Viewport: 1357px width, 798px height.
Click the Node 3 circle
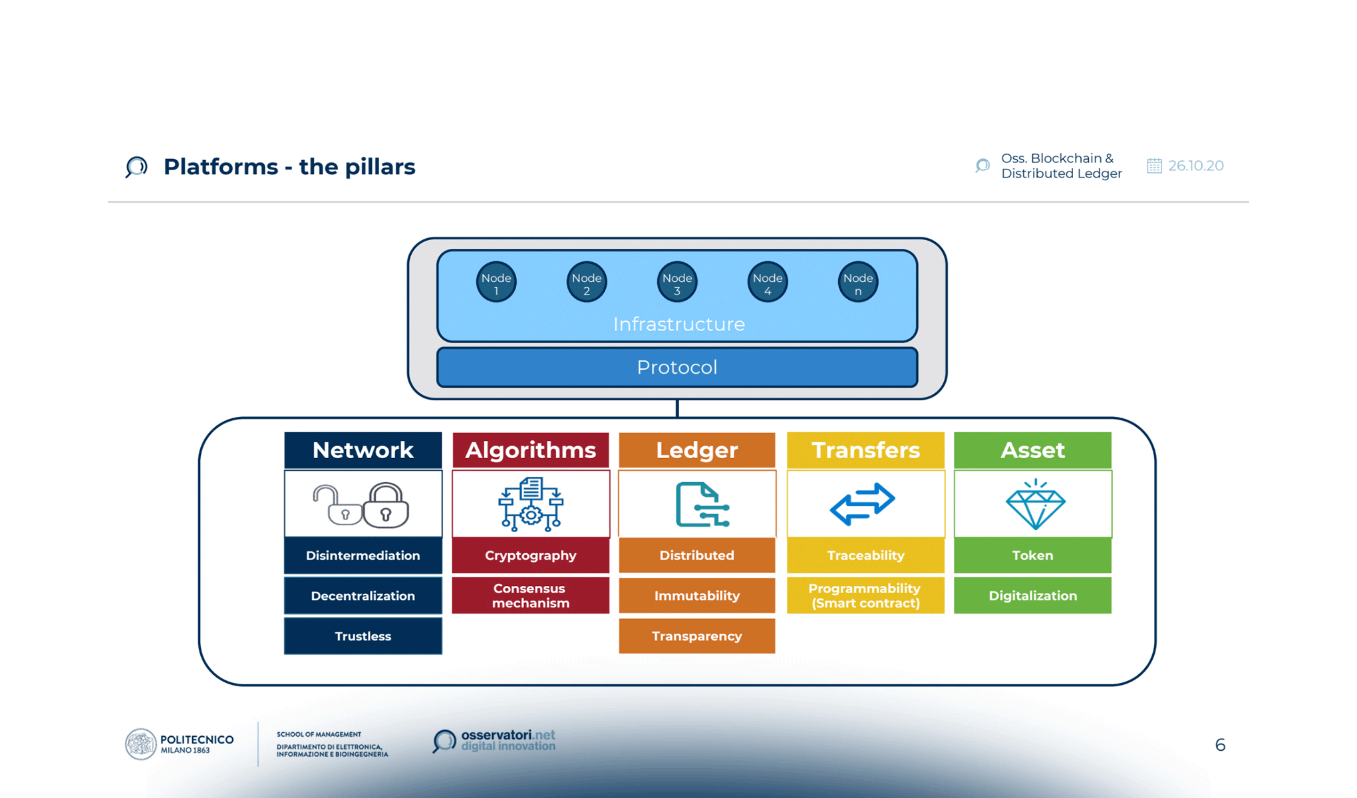pyautogui.click(x=677, y=283)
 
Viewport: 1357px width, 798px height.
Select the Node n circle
pyautogui.click(x=858, y=283)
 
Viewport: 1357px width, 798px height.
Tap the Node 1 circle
pyautogui.click(x=496, y=283)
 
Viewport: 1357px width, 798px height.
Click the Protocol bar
pyautogui.click(x=677, y=367)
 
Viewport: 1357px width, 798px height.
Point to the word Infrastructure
pyautogui.click(x=678, y=325)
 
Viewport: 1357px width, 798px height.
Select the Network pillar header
pyautogui.click(x=363, y=450)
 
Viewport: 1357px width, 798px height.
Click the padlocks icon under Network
pyautogui.click(x=362, y=505)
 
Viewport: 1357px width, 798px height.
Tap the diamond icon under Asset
pyautogui.click(x=1035, y=505)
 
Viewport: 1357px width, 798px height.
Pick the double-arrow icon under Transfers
pyautogui.click(x=863, y=504)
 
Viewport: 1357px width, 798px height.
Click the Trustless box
pyautogui.click(x=363, y=636)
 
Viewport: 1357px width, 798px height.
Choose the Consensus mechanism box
pyautogui.click(x=531, y=595)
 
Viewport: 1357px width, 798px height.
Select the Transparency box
pyautogui.click(x=697, y=636)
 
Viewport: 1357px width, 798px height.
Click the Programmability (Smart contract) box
pyautogui.click(x=865, y=595)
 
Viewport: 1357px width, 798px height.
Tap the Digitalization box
pyautogui.click(x=1032, y=595)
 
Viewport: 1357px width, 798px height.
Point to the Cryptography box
pyautogui.click(x=531, y=555)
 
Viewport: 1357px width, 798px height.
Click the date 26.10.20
pyautogui.click(x=1195, y=166)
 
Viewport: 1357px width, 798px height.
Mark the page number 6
pyautogui.click(x=1220, y=745)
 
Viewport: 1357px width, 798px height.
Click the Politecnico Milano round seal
pyautogui.click(x=140, y=744)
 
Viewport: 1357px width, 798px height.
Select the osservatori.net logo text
pyautogui.click(x=508, y=739)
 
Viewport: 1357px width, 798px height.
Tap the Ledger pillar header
pyautogui.click(x=697, y=450)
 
